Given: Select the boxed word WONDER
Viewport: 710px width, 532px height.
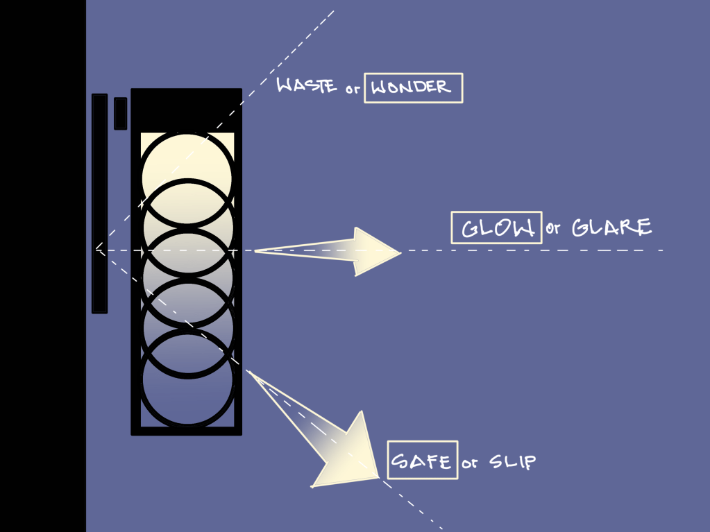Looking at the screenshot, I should pos(413,88).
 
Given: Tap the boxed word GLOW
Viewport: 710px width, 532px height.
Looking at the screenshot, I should pos(496,228).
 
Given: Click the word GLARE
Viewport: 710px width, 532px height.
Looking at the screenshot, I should pos(611,227).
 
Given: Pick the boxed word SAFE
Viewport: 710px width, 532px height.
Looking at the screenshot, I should pos(422,460).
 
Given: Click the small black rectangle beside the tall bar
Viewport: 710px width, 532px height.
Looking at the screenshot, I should pos(120,113).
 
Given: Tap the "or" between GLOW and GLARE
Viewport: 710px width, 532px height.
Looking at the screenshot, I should pos(552,230).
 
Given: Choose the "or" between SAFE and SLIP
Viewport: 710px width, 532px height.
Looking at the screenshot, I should pos(470,463).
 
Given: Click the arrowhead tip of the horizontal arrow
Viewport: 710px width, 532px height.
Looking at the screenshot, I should pos(400,252).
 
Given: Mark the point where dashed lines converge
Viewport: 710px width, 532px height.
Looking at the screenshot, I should pos(96,249).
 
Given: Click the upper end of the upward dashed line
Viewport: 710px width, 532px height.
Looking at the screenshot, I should pos(334,11).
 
